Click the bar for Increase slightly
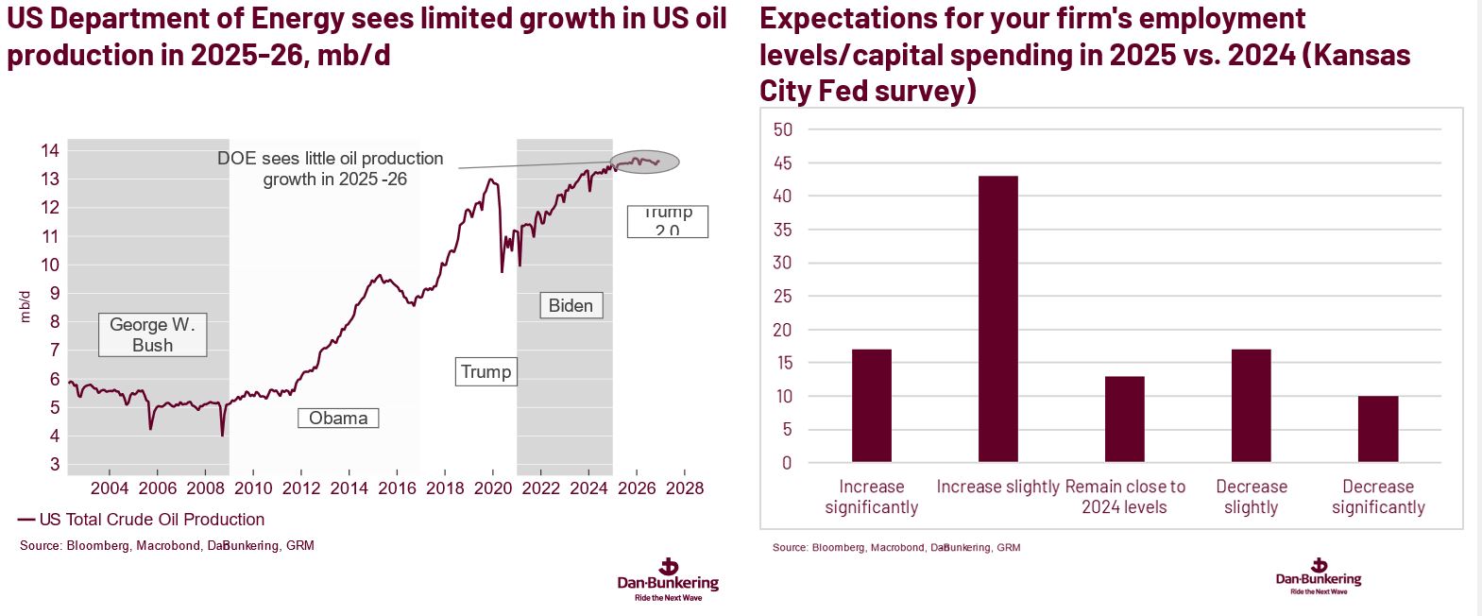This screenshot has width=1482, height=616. pos(997,318)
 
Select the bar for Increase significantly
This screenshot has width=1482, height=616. pos(871,405)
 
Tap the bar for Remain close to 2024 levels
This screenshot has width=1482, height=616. pos(1124,419)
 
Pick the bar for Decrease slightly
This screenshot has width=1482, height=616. pos(1251,405)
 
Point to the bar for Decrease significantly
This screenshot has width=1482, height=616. pos(1377,429)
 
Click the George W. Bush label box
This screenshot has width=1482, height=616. pos(152,335)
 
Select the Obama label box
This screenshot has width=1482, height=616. pos(338,418)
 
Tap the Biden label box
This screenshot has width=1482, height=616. pos(571,305)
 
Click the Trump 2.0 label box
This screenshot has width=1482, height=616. pos(667,221)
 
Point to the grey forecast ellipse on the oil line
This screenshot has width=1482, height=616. pos(644,162)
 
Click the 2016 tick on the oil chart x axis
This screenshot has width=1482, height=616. pos(397,488)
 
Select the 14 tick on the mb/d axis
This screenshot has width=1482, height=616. pos(50,150)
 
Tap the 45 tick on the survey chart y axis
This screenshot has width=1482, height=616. pos(782,163)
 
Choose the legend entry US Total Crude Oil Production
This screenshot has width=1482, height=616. pos(142,520)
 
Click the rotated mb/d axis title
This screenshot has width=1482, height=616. pos(26,307)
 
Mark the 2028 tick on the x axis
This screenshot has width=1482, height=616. pos(684,488)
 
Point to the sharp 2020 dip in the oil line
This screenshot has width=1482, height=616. pos(502,269)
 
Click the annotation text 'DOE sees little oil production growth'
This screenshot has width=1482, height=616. pos(331,168)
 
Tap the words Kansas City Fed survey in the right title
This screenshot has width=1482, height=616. pos(1084,73)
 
